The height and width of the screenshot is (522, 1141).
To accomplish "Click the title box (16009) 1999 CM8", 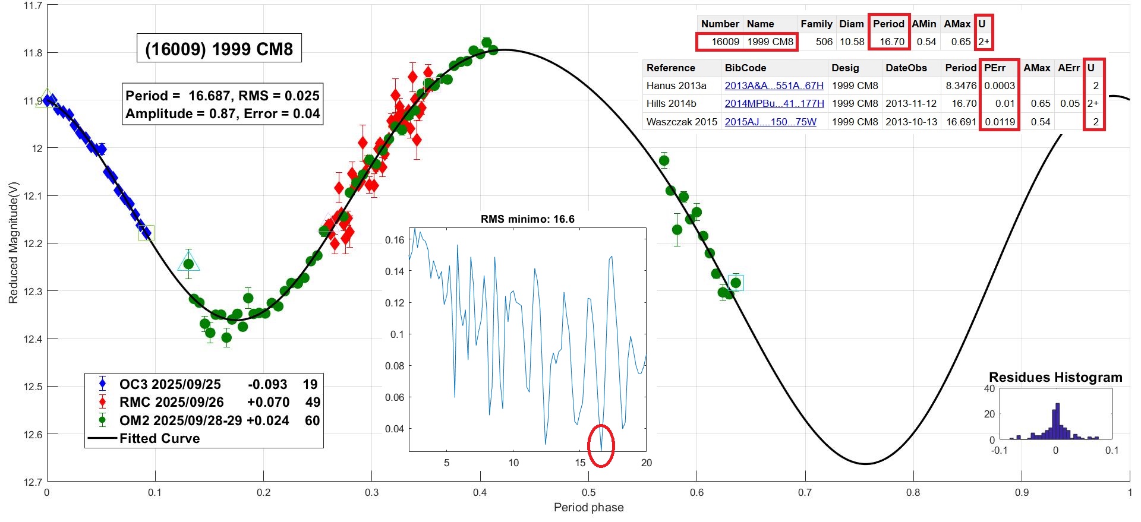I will tap(219, 48).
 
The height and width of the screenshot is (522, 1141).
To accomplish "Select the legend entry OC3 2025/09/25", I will tap(170, 384).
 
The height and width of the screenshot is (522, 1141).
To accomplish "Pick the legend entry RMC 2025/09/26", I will tap(171, 402).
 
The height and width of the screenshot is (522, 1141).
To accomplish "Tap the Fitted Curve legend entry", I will tap(159, 438).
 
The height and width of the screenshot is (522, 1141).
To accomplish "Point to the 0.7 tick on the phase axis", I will tap(805, 492).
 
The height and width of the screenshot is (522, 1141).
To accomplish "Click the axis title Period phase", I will tap(588, 507).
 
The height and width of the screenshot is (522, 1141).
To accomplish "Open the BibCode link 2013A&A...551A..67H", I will tap(774, 86).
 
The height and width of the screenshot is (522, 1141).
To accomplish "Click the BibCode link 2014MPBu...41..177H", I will tap(774, 103).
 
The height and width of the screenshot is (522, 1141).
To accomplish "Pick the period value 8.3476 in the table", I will tap(961, 86).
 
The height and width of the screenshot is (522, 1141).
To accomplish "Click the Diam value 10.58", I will tap(852, 42).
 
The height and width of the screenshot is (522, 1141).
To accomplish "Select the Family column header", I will tap(816, 24).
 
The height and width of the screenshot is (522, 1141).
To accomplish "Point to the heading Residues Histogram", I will tap(1055, 377).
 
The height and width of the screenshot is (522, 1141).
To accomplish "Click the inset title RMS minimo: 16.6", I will tap(527, 219).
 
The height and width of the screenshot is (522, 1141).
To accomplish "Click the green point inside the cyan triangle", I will tap(188, 264).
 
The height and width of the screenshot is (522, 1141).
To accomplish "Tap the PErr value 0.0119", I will tap(1000, 122).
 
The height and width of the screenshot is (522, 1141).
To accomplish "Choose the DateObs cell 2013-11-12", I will tap(910, 103).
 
